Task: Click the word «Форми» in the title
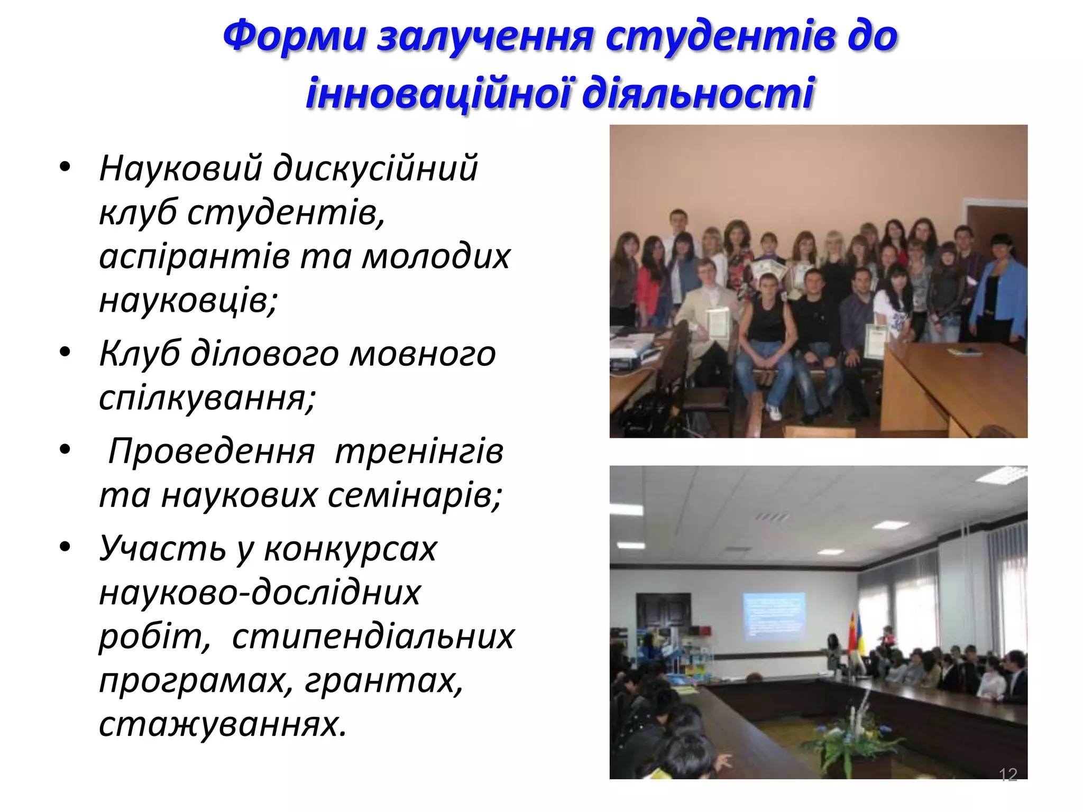pos(294,36)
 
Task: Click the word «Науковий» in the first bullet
pos(180,169)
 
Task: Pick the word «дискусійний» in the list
pos(375,169)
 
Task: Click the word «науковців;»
pos(188,300)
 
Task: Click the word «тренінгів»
pos(419,451)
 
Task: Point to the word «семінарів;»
pos(415,495)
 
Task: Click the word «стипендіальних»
pos(373,636)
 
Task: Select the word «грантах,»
pos(384,680)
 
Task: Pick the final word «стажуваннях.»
pos(223,724)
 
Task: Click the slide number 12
pos(1008,774)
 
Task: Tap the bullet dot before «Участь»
pos(65,547)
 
